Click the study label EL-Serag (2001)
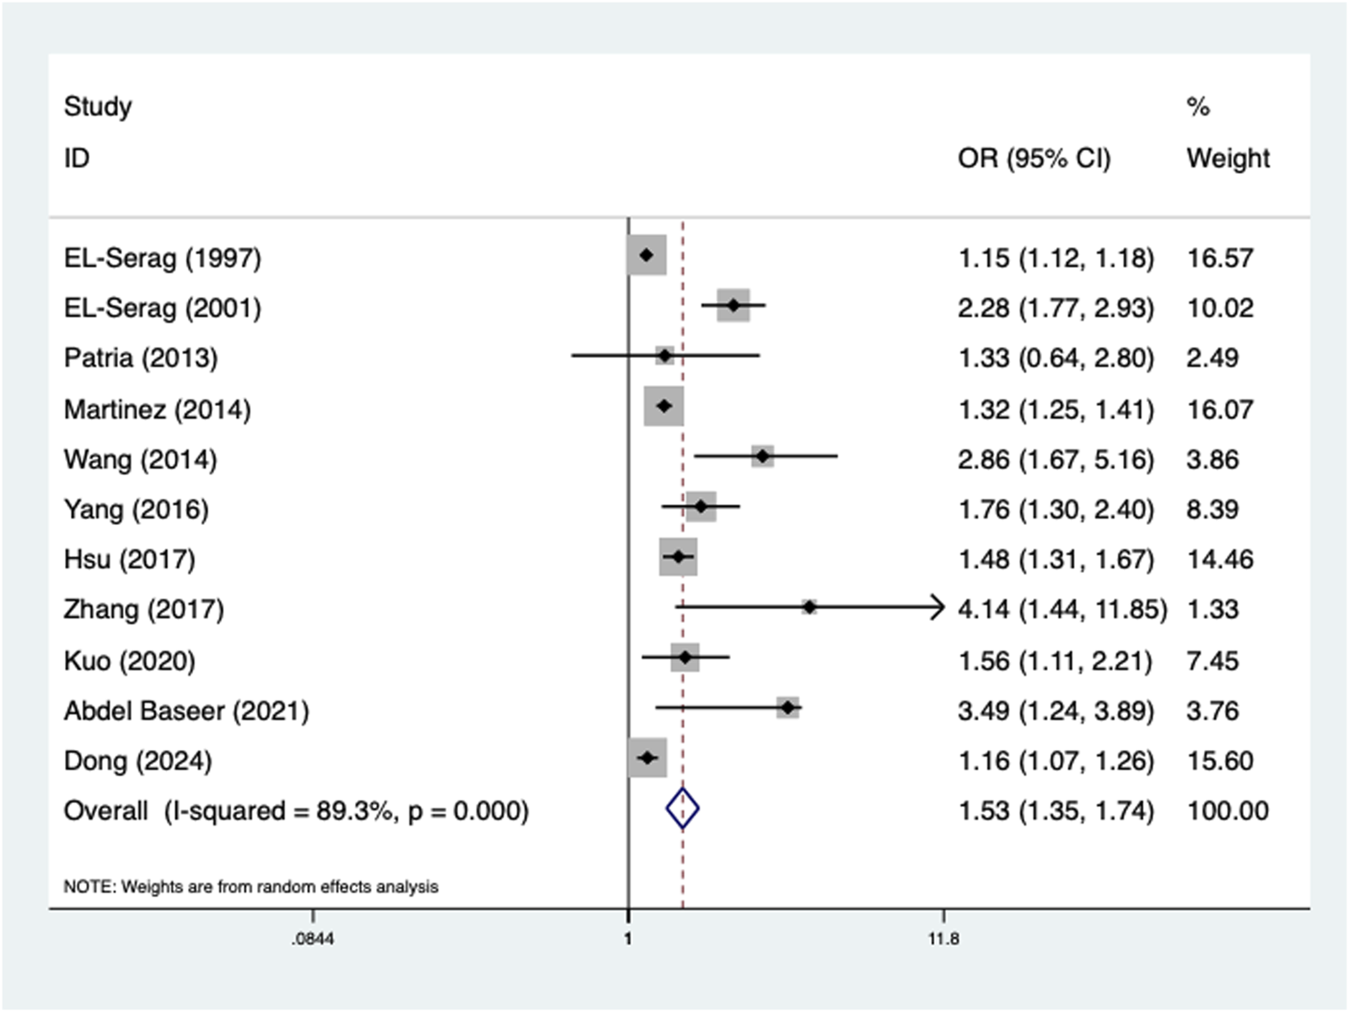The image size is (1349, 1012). [x=162, y=308]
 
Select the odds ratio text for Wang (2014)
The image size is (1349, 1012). [x=1055, y=459]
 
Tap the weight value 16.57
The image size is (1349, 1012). [x=1219, y=257]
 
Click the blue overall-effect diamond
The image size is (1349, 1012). [x=682, y=809]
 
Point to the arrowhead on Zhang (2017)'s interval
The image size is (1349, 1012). [x=938, y=607]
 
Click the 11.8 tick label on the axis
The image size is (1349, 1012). [x=943, y=939]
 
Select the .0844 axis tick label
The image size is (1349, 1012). [x=313, y=939]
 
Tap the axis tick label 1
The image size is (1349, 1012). [x=627, y=939]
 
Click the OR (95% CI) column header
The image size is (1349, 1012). [x=1034, y=158]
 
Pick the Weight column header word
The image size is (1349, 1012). [x=1228, y=158]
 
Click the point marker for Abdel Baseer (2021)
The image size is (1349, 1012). [x=787, y=708]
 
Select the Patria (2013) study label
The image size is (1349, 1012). [x=141, y=358]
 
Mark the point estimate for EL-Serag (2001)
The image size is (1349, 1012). [x=734, y=305]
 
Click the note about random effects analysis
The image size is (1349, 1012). [x=250, y=886]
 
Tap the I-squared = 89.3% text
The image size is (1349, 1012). [x=278, y=811]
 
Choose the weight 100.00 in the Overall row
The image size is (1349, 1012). [x=1227, y=811]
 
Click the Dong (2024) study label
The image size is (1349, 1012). [x=137, y=761]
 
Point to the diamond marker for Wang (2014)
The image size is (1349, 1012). [x=762, y=456]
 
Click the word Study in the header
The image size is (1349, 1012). [x=98, y=106]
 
